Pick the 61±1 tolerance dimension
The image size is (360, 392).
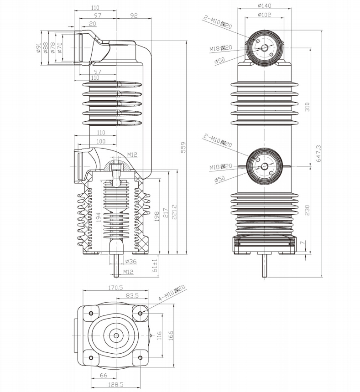pos(155,266)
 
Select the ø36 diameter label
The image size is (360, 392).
pos(130,261)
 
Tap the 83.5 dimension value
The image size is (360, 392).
pos(132,296)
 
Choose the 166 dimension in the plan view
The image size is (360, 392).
pos(170,336)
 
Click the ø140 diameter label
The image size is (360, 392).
pos(264,6)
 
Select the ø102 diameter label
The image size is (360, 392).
pos(264,15)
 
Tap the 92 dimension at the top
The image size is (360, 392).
pos(134,15)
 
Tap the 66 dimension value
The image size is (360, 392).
pos(104,375)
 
